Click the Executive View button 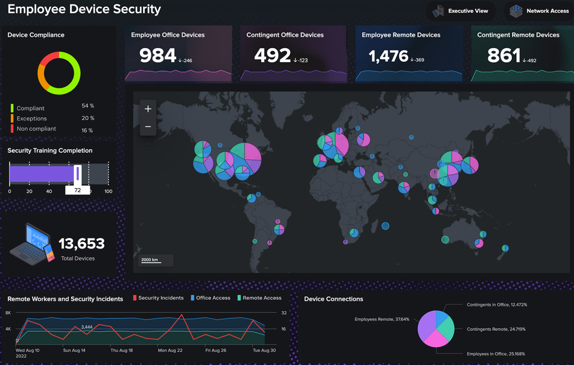461,11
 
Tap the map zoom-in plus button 148,109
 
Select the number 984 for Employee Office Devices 158,56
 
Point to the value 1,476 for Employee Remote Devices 388,57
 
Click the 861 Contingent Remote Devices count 504,56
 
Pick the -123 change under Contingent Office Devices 301,60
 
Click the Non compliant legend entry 36,129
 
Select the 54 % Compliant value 88,106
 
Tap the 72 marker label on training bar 78,190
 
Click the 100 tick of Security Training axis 108,191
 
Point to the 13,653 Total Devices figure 81,243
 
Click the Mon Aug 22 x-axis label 170,350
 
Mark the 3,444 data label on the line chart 87,327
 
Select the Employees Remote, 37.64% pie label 382,320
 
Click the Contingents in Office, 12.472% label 497,305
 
